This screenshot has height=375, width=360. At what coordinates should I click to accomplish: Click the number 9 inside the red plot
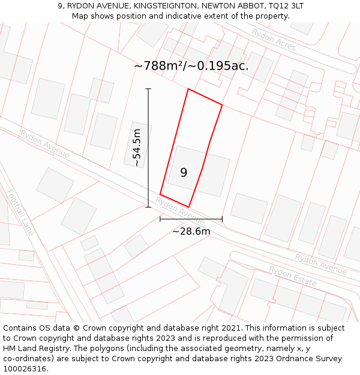(184, 173)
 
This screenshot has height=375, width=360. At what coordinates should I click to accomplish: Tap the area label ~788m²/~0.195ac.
(191, 66)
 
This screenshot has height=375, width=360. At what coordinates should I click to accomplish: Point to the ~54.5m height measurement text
(137, 148)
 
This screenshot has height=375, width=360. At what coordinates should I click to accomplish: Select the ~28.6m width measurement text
(191, 231)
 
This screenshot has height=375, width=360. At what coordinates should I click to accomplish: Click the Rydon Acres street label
(274, 40)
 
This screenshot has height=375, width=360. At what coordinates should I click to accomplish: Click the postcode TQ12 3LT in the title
(285, 5)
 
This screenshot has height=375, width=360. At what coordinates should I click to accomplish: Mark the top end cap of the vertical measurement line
(148, 89)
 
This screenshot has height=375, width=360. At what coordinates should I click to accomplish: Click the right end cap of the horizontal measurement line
(222, 219)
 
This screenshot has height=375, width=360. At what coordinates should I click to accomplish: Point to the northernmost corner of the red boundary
(188, 89)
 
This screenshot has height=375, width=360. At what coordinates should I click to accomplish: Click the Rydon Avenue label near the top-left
(44, 143)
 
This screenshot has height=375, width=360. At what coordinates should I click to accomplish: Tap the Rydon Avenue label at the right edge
(320, 264)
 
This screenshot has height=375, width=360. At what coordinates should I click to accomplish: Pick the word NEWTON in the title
(221, 5)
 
